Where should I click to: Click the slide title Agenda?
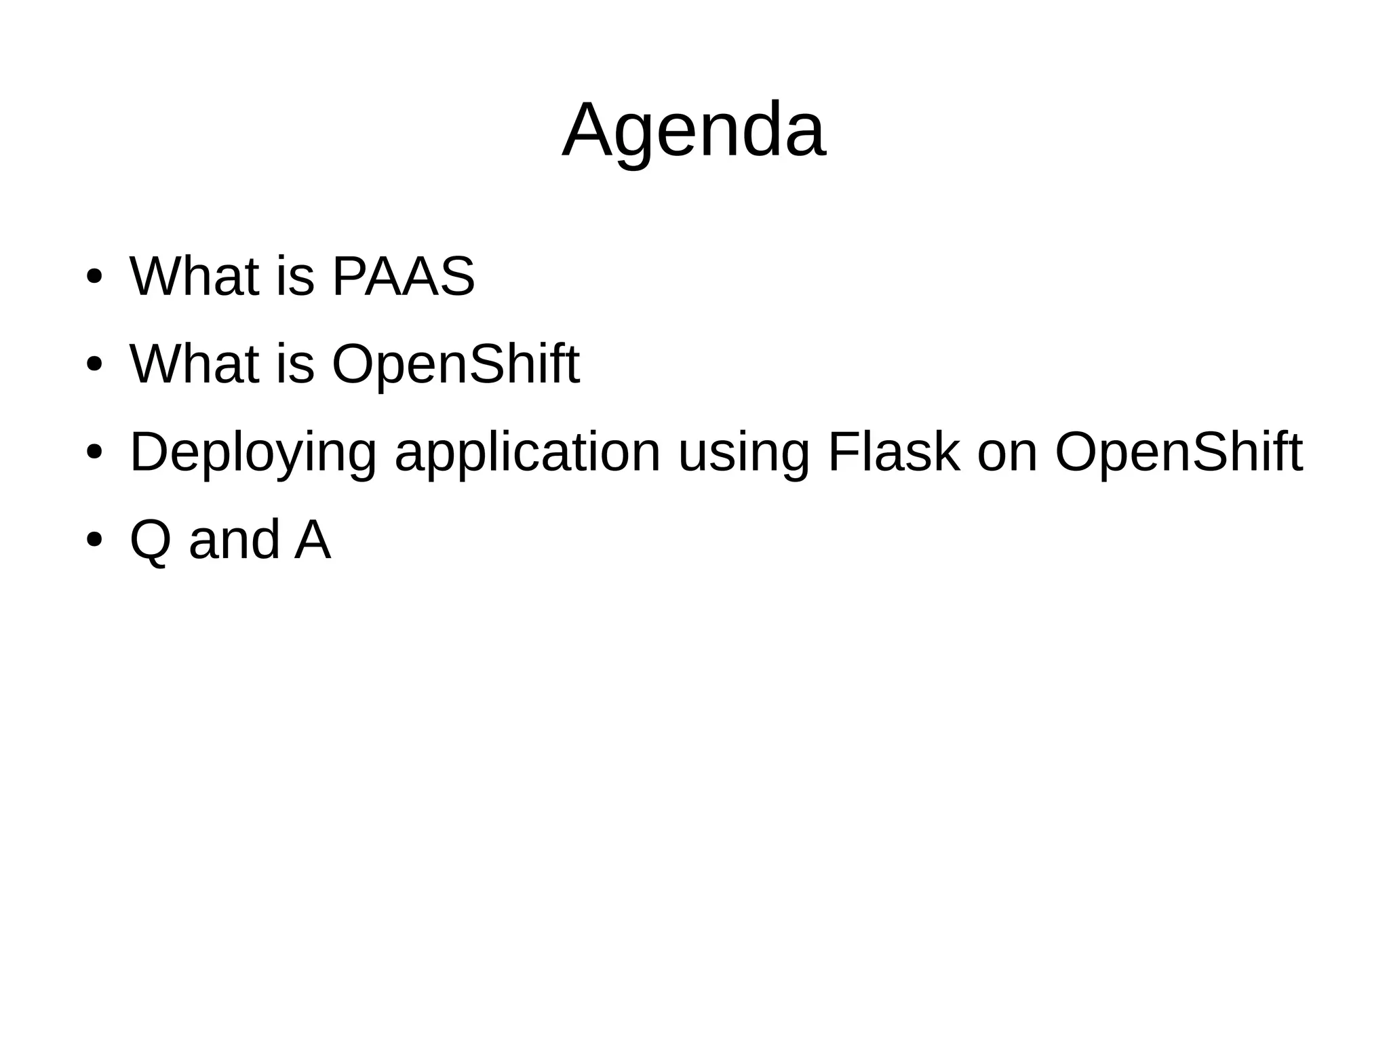694,130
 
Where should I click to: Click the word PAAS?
404,277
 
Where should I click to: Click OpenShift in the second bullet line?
456,364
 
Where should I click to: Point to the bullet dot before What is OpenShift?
94,364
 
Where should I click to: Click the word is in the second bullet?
296,364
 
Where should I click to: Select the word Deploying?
253,452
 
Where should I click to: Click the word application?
528,452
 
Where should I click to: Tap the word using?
744,452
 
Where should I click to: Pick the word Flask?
894,452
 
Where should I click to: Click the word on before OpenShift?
1008,452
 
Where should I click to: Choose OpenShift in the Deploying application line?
1179,452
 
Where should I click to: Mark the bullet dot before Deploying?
94,452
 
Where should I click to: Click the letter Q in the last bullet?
151,541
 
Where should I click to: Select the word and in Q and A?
235,541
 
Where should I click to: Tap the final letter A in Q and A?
313,541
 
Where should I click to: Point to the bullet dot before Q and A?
94,540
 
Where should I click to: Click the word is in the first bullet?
296,277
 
